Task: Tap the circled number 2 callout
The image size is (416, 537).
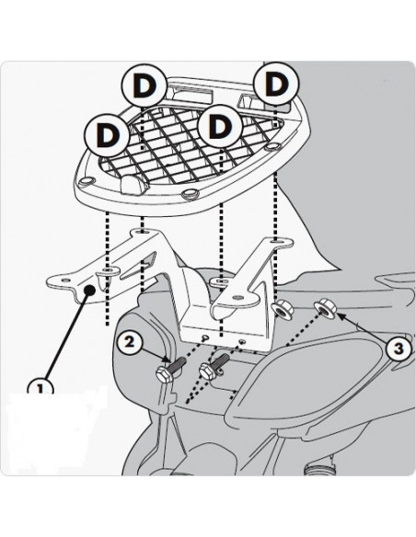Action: pos(129,342)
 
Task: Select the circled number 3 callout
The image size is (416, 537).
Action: pos(398,348)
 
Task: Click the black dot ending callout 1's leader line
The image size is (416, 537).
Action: pos(90,290)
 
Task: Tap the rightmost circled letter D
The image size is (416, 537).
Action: pos(276,84)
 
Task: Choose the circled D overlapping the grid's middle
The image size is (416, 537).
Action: pos(220,126)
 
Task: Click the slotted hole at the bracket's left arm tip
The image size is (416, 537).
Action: pos(64,280)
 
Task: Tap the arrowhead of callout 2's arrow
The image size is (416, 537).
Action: pos(167,359)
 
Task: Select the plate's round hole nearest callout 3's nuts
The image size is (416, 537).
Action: pos(273,147)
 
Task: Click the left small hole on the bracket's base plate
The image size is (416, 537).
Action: pos(205,338)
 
